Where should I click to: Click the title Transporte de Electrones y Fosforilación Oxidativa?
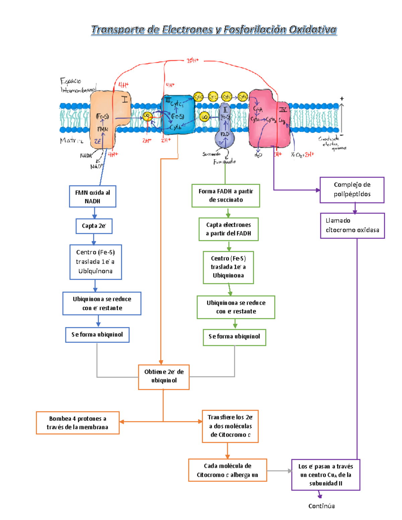pos(214,30)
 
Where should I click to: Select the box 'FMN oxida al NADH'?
pos(92,197)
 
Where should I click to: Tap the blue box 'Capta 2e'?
pos(94,226)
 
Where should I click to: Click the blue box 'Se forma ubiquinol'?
pos(97,335)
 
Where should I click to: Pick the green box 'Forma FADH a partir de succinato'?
pos(225,196)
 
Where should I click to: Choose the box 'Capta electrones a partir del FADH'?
pos(228,229)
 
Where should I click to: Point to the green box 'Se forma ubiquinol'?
pos(234,337)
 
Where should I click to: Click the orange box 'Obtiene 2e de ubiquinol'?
pos(164,376)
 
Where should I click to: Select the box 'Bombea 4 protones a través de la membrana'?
pos(77,423)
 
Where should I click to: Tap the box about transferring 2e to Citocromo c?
pos(230,426)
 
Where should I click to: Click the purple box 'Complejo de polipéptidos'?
pos(352,190)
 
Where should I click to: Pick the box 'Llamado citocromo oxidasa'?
pos(352,225)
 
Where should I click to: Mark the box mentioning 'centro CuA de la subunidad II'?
pos(325,474)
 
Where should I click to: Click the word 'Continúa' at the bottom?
pos(321,506)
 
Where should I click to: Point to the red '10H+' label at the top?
pos(193,61)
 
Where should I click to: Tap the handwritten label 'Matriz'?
pos(71,141)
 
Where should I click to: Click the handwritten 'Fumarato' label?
pos(224,162)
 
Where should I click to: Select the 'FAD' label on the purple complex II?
pos(225,134)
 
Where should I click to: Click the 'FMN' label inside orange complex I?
pos(103,129)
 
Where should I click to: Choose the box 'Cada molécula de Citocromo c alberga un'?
pos(227,470)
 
